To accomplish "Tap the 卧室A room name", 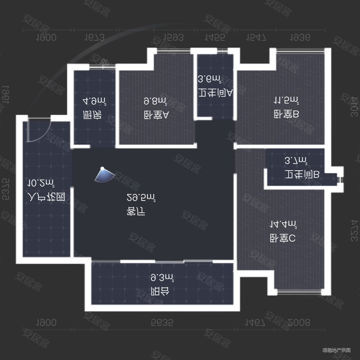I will tap(156, 116).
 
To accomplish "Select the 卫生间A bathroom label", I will tap(215, 93).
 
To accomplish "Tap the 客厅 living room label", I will tap(136, 212).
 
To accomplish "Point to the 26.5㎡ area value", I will tap(141, 197).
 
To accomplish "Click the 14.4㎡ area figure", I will tap(284, 225).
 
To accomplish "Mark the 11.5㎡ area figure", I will tap(286, 100).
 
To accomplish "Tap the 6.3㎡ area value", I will tap(162, 278).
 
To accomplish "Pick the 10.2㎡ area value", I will tap(41, 183).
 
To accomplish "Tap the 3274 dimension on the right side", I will tap(354, 230).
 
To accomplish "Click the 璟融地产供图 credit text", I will tap(336, 350).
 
